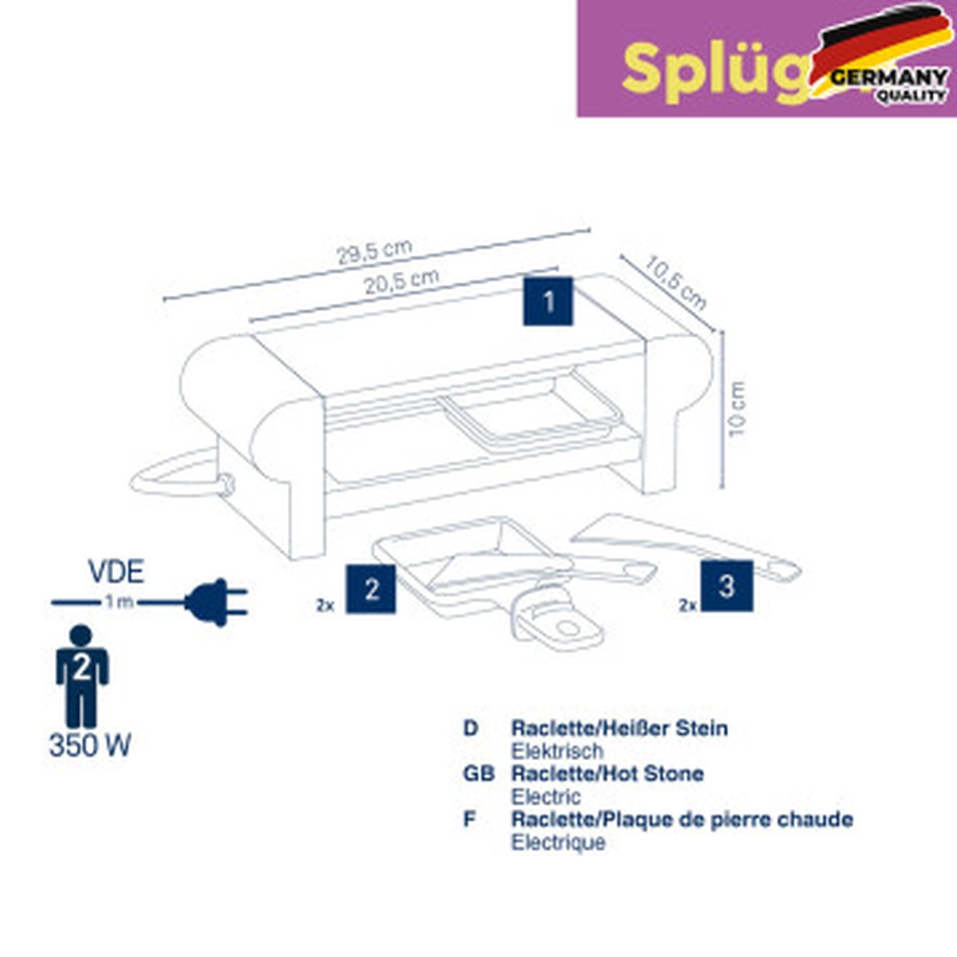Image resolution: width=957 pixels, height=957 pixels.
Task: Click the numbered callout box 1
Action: point(548,301)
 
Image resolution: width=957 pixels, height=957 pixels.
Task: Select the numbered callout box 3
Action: point(726,586)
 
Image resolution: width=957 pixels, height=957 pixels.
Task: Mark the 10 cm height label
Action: point(735,410)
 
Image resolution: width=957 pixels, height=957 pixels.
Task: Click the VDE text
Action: point(116,573)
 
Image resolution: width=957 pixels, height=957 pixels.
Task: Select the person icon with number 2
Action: point(82,675)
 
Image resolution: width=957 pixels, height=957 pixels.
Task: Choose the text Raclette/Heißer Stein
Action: point(619,728)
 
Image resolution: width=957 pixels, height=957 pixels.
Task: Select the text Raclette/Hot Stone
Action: point(608,773)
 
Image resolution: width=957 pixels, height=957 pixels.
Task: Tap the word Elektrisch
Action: point(557,751)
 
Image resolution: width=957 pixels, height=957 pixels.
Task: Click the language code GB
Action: point(478,773)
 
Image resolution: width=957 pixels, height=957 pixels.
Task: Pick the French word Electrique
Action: point(558,843)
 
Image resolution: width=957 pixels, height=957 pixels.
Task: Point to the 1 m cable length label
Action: point(120,603)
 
